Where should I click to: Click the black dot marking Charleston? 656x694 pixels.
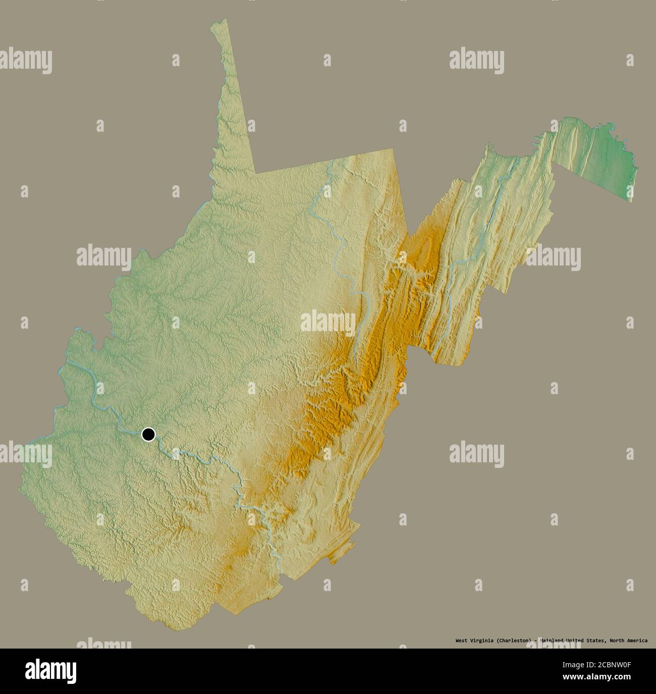148,434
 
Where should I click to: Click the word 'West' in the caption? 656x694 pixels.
461,640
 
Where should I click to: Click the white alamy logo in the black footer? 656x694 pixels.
50,671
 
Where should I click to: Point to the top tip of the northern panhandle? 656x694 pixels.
226,20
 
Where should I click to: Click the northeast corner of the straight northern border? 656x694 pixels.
395,149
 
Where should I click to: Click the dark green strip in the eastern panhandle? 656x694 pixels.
600,151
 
